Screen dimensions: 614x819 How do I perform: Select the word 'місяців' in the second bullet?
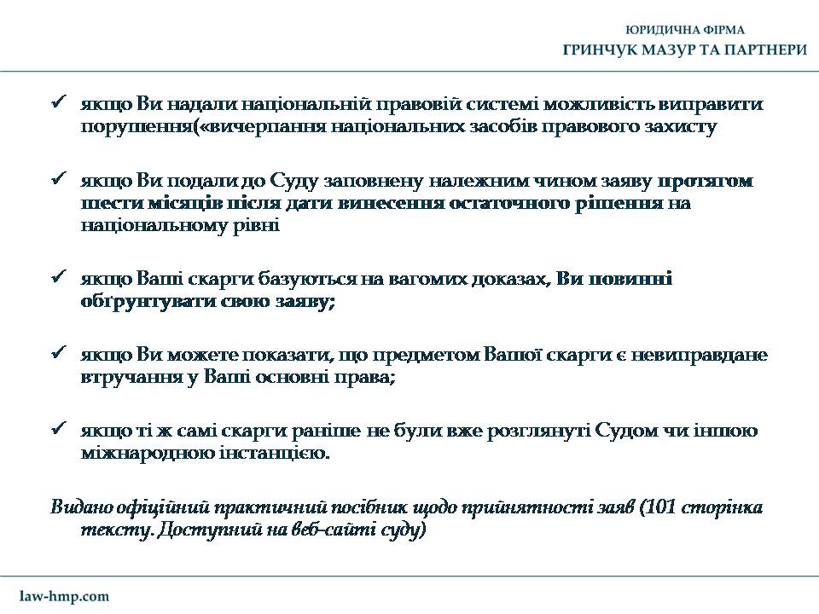pos(166,204)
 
